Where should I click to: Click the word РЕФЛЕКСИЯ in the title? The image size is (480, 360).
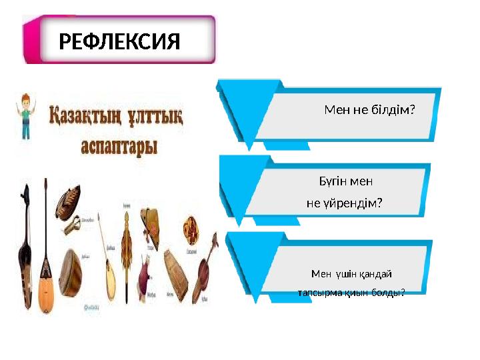point(119,43)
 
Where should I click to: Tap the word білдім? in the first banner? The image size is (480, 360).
point(393,109)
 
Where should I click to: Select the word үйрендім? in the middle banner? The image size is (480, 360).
point(354,203)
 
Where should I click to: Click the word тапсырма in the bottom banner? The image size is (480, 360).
point(319,293)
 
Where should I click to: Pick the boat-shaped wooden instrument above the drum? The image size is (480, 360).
point(67,200)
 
